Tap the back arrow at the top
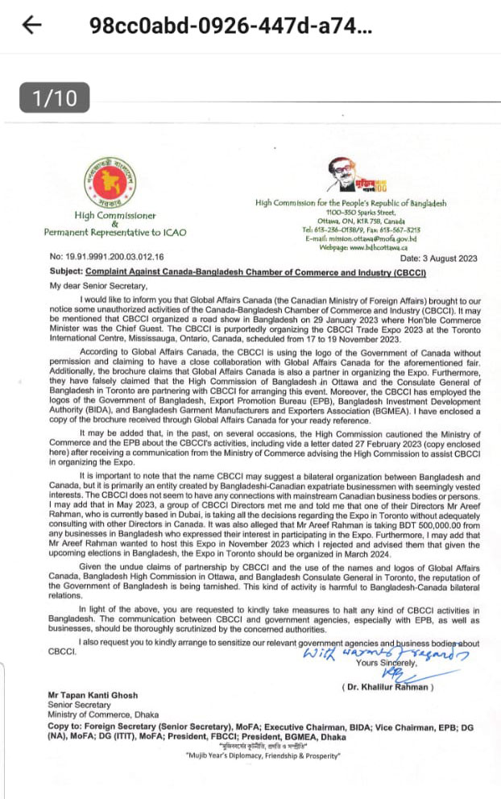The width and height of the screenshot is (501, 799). pos(32,25)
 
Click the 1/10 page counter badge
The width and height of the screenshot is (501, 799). pos(55,98)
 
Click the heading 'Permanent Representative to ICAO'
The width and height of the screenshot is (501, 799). pos(114,232)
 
